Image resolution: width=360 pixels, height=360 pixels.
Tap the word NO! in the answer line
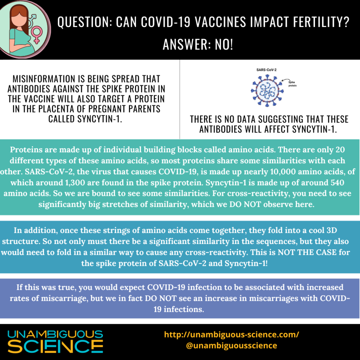224,44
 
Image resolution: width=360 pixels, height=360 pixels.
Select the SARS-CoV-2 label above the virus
266,70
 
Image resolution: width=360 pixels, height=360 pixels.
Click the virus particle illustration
267,90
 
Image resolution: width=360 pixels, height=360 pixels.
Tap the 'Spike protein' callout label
292,84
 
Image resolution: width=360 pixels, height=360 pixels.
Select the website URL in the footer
232,334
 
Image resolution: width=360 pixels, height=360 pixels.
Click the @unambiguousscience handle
231,346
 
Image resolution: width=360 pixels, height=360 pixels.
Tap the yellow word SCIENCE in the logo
55,346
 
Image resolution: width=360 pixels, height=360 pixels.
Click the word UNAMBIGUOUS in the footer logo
55,334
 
